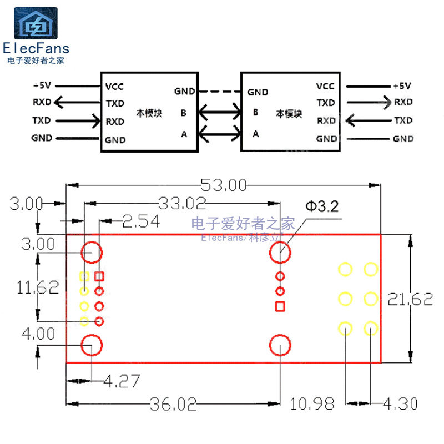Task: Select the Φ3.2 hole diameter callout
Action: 321,207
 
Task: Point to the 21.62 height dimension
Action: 411,300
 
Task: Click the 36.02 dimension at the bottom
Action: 173,404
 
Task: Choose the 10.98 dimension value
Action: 312,404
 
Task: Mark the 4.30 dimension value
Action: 400,404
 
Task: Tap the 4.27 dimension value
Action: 122,381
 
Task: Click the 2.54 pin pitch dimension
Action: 141,222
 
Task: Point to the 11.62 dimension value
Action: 38,287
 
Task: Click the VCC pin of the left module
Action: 114,87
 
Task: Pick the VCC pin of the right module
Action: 325,86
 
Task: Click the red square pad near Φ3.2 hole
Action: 280,306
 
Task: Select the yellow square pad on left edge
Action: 84,276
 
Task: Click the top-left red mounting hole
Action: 91,253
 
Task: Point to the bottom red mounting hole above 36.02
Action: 280,345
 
